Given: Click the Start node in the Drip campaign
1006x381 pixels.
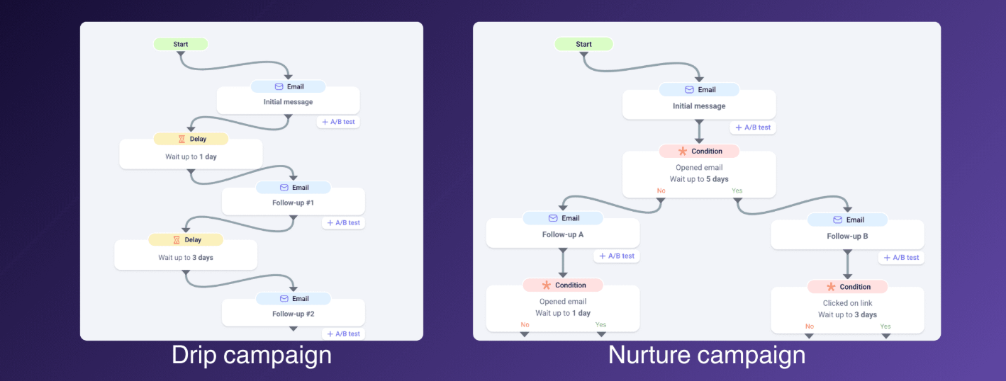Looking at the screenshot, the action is pyautogui.click(x=181, y=44).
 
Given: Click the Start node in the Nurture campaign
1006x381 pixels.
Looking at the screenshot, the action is pyautogui.click(x=583, y=44).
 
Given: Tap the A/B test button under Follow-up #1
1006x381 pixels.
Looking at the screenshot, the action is pyautogui.click(x=343, y=222).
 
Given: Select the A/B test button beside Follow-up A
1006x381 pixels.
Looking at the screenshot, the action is pyautogui.click(x=617, y=256).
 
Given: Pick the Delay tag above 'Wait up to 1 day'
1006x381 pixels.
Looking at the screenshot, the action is pyautogui.click(x=191, y=139).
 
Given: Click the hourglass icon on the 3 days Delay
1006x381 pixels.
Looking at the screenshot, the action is pyautogui.click(x=177, y=239).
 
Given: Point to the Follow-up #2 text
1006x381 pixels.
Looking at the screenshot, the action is pyautogui.click(x=294, y=314).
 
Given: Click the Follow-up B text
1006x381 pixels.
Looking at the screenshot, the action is pyautogui.click(x=847, y=236).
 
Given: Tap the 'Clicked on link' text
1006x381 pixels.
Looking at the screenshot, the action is pyautogui.click(x=847, y=303).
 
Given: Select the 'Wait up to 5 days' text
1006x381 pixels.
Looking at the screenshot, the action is pyautogui.click(x=699, y=179).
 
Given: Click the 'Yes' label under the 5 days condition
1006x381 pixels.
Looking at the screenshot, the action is pyautogui.click(x=737, y=190).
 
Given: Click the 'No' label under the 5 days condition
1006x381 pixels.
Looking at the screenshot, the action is pyautogui.click(x=661, y=190).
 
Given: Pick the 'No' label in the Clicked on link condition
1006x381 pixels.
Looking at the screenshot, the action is pyautogui.click(x=810, y=326).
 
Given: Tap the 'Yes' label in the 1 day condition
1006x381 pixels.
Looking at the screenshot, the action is pyautogui.click(x=601, y=324).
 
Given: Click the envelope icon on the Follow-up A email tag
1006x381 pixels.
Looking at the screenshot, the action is pyautogui.click(x=553, y=218).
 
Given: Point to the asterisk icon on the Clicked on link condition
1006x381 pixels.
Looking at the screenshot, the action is pyautogui.click(x=831, y=287).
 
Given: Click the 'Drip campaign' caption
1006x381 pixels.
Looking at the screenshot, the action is pyautogui.click(x=252, y=356).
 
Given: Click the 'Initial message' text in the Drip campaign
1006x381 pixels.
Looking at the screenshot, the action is pyautogui.click(x=288, y=102).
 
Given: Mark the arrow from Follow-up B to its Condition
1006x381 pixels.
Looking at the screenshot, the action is pyautogui.click(x=847, y=265).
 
